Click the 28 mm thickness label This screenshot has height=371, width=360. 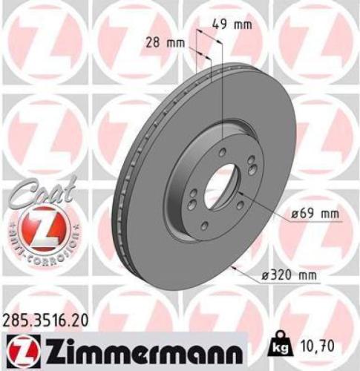tap(164, 42)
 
